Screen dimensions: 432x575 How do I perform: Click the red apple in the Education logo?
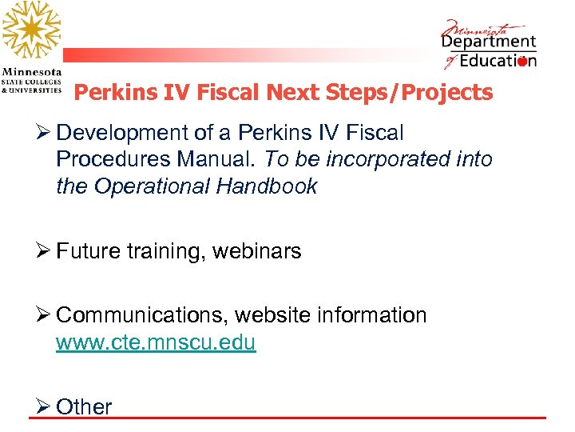[523, 62]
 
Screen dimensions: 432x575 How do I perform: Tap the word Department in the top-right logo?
[489, 41]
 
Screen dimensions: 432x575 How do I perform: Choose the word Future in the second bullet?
[88, 251]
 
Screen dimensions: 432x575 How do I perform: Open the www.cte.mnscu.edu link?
[156, 343]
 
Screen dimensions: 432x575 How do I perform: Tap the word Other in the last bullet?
[84, 406]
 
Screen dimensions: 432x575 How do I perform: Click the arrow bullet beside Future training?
[42, 251]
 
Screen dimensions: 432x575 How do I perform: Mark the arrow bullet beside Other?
[42, 406]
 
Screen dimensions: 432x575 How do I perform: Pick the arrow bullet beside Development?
[42, 132]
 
